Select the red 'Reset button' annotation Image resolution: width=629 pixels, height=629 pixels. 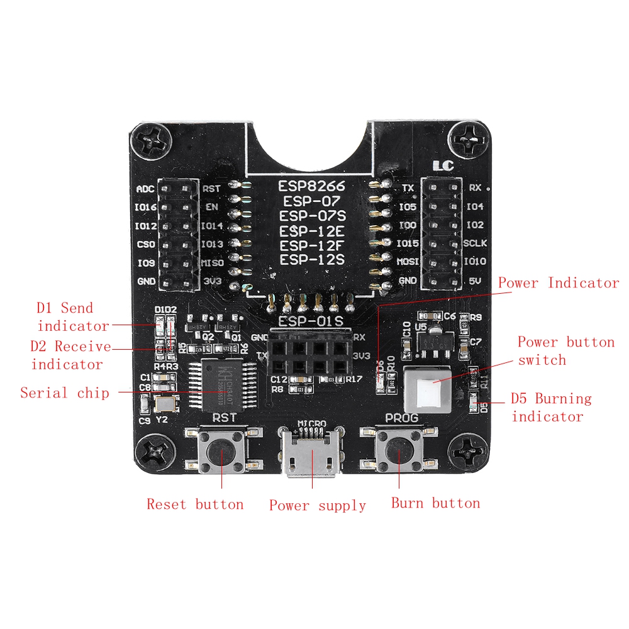195,504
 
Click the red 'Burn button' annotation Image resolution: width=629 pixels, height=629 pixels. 435,503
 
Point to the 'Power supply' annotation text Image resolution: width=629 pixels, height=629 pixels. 318,506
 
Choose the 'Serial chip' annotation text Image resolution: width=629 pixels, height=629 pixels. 65,393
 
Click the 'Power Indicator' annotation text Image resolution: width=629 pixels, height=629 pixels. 559,283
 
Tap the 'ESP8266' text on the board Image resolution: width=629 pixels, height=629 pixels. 312,187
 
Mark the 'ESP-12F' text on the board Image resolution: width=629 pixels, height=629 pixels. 312,245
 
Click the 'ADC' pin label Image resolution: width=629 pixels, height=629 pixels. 145,189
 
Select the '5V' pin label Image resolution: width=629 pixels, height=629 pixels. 475,282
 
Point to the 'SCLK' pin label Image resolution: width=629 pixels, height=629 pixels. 476,243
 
